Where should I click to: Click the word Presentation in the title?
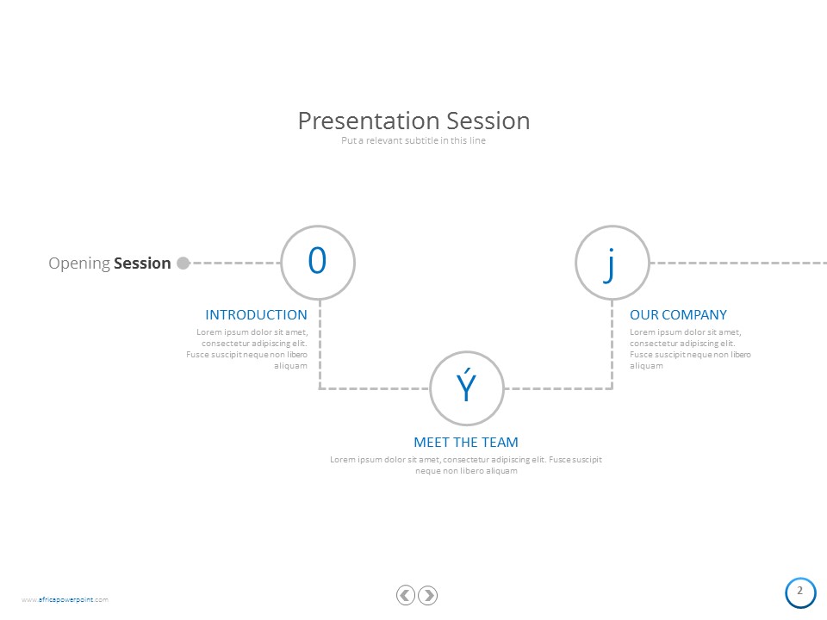(x=370, y=121)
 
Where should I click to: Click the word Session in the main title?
(x=488, y=121)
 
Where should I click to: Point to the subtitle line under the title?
(x=413, y=140)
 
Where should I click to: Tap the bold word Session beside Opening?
(x=142, y=263)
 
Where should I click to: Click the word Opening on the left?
(x=79, y=263)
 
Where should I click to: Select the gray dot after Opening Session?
(x=183, y=263)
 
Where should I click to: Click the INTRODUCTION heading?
(x=257, y=315)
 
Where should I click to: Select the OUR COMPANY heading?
(x=678, y=315)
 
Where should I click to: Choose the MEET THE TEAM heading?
(x=466, y=443)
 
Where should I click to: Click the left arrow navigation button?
(x=406, y=595)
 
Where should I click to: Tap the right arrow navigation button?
(x=428, y=595)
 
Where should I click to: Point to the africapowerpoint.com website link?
(x=65, y=599)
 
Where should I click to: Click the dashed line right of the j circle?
(x=738, y=263)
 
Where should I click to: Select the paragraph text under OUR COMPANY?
(x=690, y=349)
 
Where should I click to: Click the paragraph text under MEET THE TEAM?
(x=466, y=465)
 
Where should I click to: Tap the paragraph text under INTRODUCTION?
(x=247, y=349)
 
